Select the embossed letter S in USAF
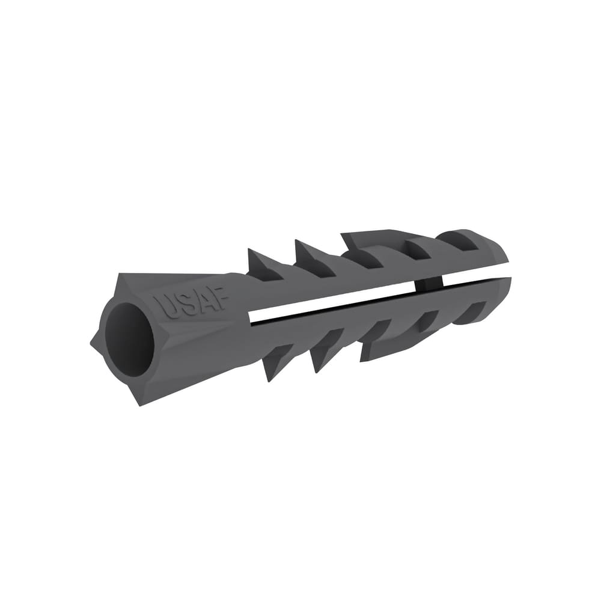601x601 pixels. click(183, 304)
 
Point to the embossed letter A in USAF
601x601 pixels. click(201, 301)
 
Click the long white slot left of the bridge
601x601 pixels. click(331, 303)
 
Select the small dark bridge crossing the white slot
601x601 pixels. click(429, 284)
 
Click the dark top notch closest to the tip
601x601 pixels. click(463, 242)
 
